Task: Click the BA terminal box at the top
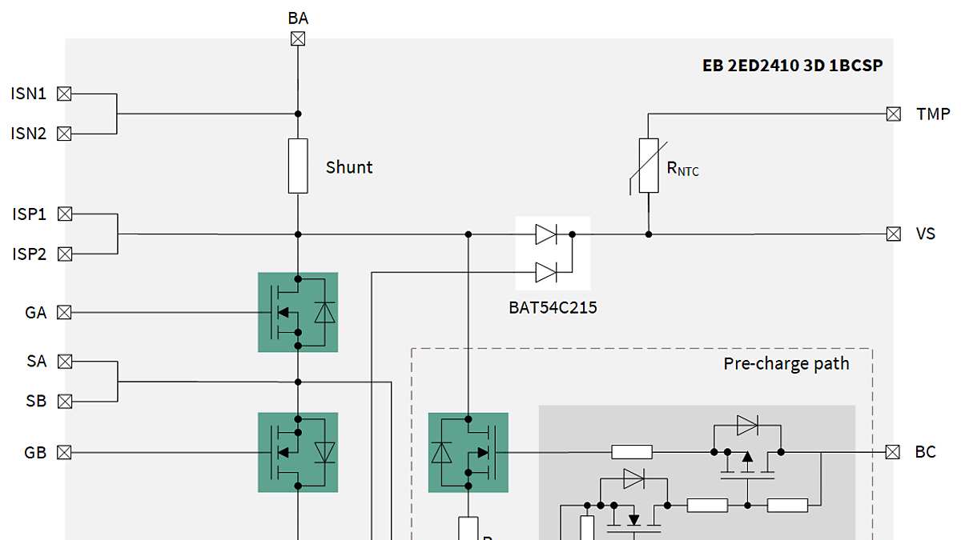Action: tap(298, 38)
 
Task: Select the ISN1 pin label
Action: tap(28, 94)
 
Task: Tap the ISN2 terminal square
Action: tap(65, 134)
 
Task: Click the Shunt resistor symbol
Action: tap(298, 166)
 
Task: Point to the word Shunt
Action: tap(349, 167)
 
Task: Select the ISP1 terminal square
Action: tap(65, 214)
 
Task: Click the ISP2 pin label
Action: tap(28, 254)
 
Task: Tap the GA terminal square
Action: tap(65, 313)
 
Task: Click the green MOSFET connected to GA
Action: tap(298, 312)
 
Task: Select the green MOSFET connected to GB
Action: tap(298, 452)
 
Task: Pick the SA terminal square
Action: tap(65, 362)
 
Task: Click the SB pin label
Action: tap(36, 402)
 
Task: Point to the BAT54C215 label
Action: tap(553, 307)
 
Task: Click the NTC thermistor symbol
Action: tap(648, 166)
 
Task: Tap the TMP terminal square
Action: tap(894, 114)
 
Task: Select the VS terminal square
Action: tap(894, 234)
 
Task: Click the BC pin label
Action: tap(925, 452)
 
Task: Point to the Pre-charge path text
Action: tap(786, 363)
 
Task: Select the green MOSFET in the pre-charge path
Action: tap(468, 452)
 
